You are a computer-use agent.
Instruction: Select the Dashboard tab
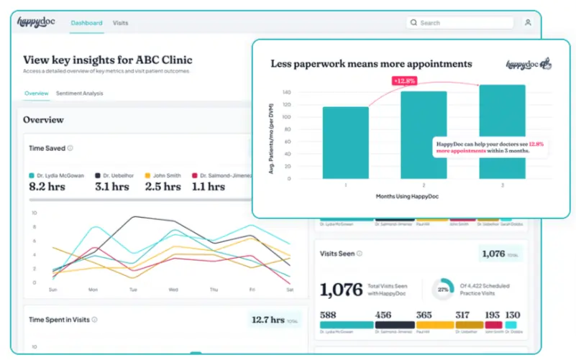pos(86,23)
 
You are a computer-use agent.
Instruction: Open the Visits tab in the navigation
pos(120,23)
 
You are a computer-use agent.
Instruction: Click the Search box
pos(460,23)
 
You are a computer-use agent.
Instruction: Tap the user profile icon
pos(528,23)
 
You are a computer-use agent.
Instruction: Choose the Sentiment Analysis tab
pos(79,93)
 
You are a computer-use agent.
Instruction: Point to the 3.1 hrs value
pos(112,186)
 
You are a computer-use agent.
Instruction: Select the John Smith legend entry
pos(165,175)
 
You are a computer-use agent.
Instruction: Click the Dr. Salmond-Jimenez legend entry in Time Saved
pos(223,175)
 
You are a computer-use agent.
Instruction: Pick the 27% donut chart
pos(442,290)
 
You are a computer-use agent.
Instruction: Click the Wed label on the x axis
pos(173,290)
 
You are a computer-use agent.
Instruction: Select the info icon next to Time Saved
pos(70,148)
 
